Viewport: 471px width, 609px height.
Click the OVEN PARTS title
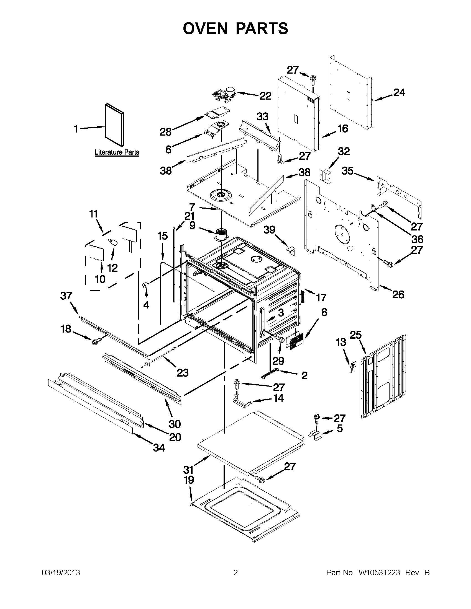coord(235,28)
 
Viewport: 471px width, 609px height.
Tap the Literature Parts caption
coord(117,152)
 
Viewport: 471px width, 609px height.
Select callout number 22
coord(265,96)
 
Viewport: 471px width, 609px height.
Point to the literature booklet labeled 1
coord(114,125)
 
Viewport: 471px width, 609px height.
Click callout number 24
coord(399,93)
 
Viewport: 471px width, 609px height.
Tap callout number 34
coord(158,448)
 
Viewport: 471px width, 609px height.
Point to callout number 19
coord(189,480)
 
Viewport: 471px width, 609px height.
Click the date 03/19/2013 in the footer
coord(61,573)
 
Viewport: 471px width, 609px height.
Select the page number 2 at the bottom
coord(235,573)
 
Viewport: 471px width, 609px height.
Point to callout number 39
coord(269,230)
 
